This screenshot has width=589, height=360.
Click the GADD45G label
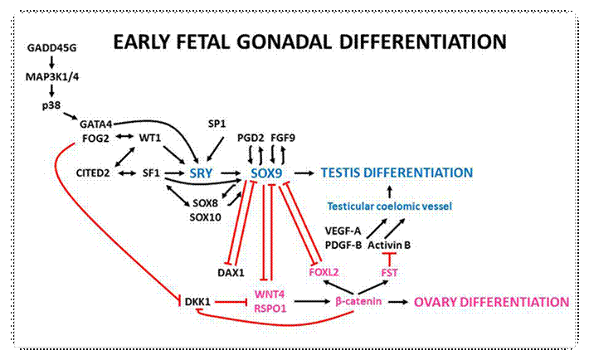pyautogui.click(x=51, y=48)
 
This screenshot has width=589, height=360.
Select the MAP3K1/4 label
pyautogui.click(x=52, y=76)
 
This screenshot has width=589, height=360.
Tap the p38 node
pyautogui.click(x=51, y=105)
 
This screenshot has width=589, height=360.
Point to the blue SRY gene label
pyautogui.click(x=201, y=173)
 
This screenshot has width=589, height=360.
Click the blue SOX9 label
pyautogui.click(x=266, y=173)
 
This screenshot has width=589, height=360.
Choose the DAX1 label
pyautogui.click(x=231, y=272)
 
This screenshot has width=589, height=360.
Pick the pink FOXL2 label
pyautogui.click(x=324, y=272)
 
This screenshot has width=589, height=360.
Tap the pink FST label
pyautogui.click(x=389, y=272)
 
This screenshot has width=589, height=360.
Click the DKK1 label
pyautogui.click(x=197, y=302)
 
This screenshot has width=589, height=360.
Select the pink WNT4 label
pyautogui.click(x=270, y=294)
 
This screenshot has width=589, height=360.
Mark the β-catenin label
pyautogui.click(x=358, y=301)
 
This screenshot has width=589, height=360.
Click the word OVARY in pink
pyautogui.click(x=436, y=302)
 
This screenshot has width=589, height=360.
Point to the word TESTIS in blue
pyautogui.click(x=341, y=173)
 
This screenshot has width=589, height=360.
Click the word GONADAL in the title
pyautogui.click(x=284, y=41)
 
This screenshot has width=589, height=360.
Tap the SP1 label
pyautogui.click(x=217, y=124)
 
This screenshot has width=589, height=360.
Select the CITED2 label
pyautogui.click(x=93, y=173)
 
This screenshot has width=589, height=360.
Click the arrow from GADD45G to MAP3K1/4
pyautogui.click(x=51, y=62)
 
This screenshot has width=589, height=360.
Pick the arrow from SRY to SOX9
pyautogui.click(x=231, y=173)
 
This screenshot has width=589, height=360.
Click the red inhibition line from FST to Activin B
pyautogui.click(x=389, y=260)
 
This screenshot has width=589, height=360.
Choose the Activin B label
pyautogui.click(x=389, y=246)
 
